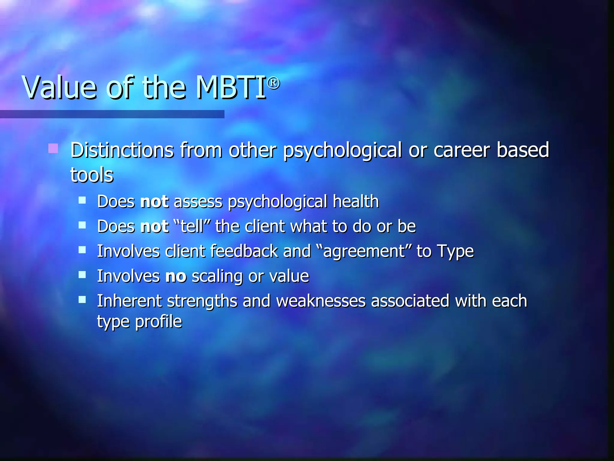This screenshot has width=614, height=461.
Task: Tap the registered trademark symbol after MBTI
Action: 273,83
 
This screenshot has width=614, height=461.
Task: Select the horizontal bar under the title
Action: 112,114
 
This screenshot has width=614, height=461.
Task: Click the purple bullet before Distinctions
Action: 53,148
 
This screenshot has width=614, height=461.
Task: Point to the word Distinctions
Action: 122,150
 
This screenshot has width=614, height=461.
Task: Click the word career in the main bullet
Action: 461,150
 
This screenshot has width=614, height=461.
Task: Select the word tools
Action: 92,175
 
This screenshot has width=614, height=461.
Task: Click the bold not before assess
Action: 154,201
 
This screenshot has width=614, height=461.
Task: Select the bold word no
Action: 176,276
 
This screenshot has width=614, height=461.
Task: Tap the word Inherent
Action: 129,301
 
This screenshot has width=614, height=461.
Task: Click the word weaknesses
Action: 320,301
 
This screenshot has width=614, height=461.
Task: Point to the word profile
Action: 158,322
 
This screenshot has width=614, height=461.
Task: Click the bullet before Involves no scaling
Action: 82,275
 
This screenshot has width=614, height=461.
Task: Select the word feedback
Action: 244,251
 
